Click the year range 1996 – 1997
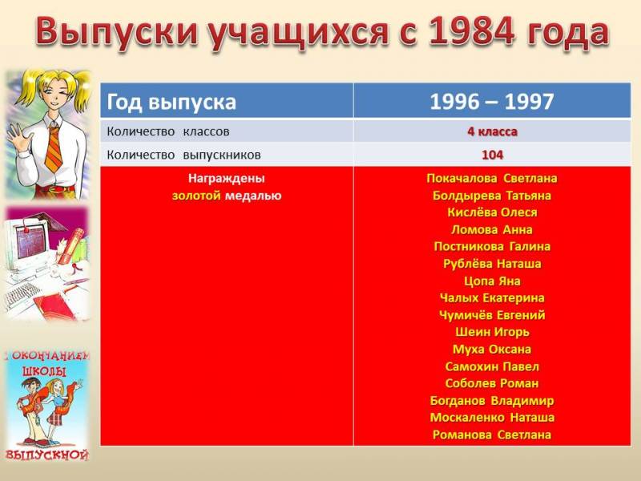(x=492, y=101)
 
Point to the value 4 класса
(x=492, y=131)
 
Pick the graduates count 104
(x=492, y=155)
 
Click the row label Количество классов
(x=168, y=131)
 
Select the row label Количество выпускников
(x=183, y=155)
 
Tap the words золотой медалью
(x=227, y=196)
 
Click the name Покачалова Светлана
(x=492, y=178)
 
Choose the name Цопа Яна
(x=492, y=281)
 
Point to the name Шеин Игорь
(x=492, y=332)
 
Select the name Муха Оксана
(x=492, y=350)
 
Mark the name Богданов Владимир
(x=492, y=400)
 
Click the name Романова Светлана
(x=492, y=435)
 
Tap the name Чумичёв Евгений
(x=492, y=315)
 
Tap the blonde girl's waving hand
(x=16, y=137)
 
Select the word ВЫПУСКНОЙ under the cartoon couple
(x=47, y=455)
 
